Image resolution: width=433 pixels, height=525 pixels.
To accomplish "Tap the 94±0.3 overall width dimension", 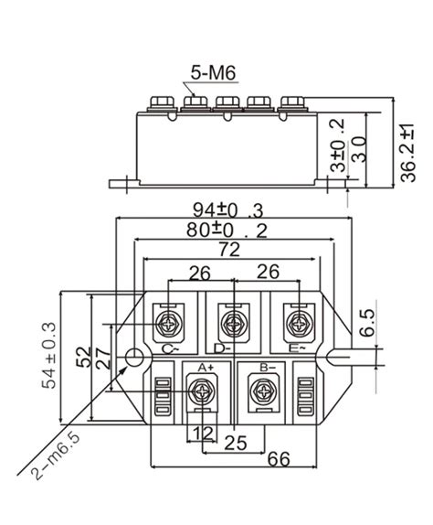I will coord(231,209).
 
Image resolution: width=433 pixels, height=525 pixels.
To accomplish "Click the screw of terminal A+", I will coord(198,392).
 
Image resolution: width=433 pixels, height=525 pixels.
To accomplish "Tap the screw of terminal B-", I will coord(266,394).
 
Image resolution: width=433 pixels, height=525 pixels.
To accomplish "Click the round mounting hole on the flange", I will coord(134,356).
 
